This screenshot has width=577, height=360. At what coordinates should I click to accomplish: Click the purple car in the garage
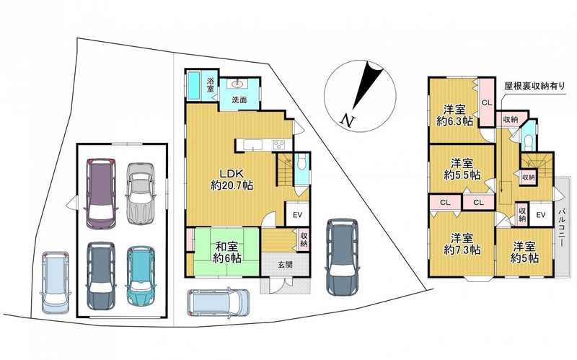(x=101, y=193)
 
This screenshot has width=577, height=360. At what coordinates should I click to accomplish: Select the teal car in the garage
(x=141, y=276)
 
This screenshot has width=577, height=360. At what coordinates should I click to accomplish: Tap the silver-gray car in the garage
(x=139, y=193)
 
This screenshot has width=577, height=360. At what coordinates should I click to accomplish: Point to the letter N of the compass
(x=347, y=120)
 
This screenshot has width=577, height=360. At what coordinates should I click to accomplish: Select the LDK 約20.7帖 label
(x=232, y=180)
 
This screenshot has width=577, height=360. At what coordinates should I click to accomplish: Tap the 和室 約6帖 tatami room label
(x=227, y=253)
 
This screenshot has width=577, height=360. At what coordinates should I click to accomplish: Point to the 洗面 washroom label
(x=239, y=100)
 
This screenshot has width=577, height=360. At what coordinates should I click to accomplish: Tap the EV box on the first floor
(x=297, y=214)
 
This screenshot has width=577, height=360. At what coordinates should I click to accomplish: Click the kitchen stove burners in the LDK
(x=279, y=145)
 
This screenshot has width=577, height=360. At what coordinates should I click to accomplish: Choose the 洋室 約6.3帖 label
(x=455, y=115)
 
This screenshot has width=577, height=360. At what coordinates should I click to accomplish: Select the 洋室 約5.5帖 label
(x=462, y=169)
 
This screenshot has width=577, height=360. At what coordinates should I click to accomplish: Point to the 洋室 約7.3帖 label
(x=462, y=244)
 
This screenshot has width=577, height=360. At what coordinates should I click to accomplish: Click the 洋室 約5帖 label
(x=524, y=253)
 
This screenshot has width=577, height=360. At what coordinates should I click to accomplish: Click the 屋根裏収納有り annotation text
(x=534, y=86)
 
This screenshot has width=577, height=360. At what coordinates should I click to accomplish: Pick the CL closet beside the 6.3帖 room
(x=486, y=102)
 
